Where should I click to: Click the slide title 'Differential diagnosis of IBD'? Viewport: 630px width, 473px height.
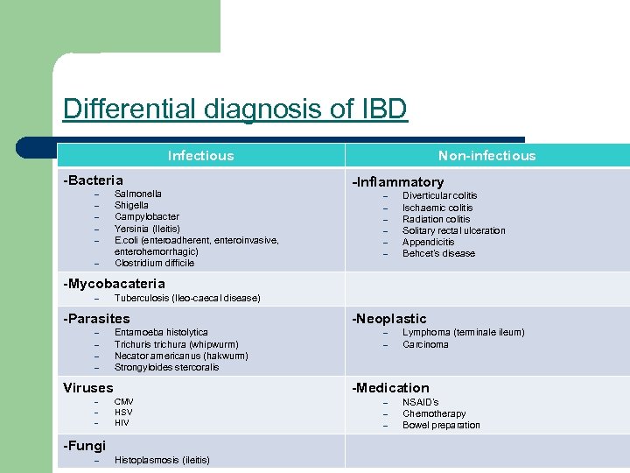(234, 109)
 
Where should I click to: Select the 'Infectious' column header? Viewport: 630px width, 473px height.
(201, 156)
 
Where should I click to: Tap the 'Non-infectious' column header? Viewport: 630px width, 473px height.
(486, 156)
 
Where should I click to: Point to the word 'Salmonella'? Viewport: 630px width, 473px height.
(138, 194)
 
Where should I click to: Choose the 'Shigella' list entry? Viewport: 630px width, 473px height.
(132, 205)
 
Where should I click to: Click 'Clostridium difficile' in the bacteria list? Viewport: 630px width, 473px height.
(155, 263)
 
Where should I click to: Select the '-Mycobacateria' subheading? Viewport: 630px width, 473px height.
(115, 283)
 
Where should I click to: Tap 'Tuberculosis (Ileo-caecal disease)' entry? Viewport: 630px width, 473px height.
(187, 299)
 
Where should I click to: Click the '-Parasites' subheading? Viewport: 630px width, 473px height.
(97, 319)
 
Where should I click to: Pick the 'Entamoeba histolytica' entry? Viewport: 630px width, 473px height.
(161, 333)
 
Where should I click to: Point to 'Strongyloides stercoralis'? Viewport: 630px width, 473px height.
(167, 367)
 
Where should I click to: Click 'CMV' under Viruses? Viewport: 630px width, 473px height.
(124, 401)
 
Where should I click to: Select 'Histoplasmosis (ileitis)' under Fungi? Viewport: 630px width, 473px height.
(162, 460)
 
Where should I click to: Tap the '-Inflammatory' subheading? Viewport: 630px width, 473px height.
(397, 182)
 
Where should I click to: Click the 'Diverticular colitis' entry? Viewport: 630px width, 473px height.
(440, 196)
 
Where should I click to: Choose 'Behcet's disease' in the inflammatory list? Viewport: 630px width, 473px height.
(439, 254)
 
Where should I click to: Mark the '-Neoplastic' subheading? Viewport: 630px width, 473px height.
(389, 319)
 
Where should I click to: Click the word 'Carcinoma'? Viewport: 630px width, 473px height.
(425, 344)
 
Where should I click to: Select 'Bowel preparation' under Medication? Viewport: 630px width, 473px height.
(441, 426)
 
